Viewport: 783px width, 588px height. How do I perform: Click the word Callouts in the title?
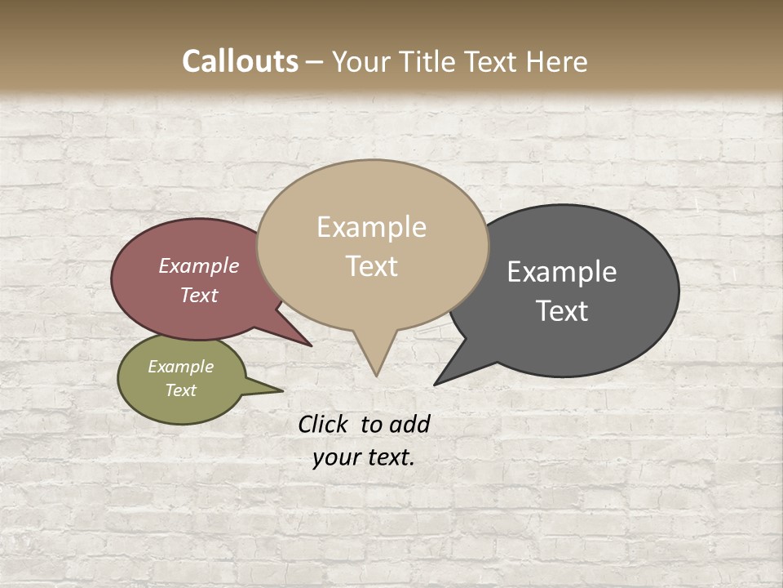pos(240,61)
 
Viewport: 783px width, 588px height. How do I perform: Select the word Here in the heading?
pos(555,61)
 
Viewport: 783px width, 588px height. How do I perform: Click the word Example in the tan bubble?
pos(371,227)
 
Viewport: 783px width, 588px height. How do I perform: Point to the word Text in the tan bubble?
pos(371,266)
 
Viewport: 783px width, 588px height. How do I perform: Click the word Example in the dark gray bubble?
pos(562,272)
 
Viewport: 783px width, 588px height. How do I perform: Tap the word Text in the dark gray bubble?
pos(562,310)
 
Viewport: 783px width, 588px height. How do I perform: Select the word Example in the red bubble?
pos(198,265)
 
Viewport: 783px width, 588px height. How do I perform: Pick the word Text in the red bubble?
pos(198,295)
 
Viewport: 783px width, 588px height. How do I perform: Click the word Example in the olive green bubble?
pos(180,367)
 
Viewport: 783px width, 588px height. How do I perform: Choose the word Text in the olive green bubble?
pos(180,390)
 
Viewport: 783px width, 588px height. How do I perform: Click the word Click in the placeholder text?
pos(324,424)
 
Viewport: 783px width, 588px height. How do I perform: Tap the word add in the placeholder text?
pos(409,424)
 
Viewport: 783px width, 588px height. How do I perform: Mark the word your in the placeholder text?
pos(336,457)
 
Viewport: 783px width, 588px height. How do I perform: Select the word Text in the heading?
pos(491,61)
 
